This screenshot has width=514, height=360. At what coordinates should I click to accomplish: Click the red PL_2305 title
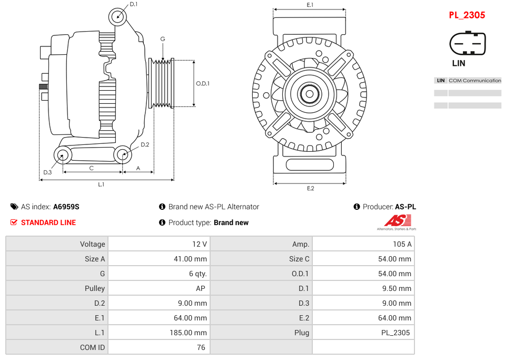[x=467, y=15]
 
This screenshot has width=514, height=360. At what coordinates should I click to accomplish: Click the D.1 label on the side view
[x=133, y=4]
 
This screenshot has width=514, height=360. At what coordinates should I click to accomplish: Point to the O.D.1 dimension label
[x=203, y=83]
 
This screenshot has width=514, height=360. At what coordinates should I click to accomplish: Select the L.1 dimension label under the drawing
[x=101, y=184]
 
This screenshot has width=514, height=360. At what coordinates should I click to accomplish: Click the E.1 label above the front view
[x=310, y=5]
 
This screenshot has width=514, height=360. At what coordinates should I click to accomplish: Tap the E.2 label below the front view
[x=310, y=189]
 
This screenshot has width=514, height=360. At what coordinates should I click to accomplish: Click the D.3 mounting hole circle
[x=63, y=155]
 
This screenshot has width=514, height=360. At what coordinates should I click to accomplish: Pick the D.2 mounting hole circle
[x=123, y=154]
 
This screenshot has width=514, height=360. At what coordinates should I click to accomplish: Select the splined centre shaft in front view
[x=309, y=94]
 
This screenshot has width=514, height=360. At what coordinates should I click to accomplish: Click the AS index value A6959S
[x=66, y=207]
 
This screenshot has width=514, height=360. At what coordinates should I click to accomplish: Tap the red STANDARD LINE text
[x=48, y=223]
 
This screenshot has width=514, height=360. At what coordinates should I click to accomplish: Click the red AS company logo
[x=397, y=221]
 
